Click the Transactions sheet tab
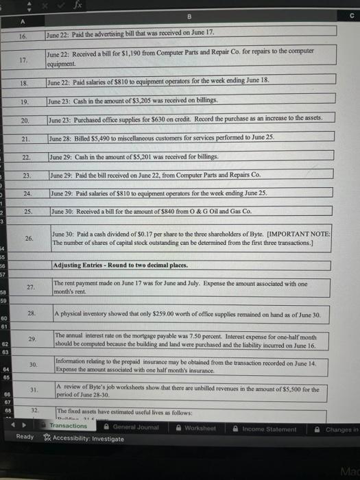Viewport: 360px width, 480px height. tap(69, 426)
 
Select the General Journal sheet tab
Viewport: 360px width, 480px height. tap(135, 426)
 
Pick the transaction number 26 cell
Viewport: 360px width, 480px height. tap(28, 239)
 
